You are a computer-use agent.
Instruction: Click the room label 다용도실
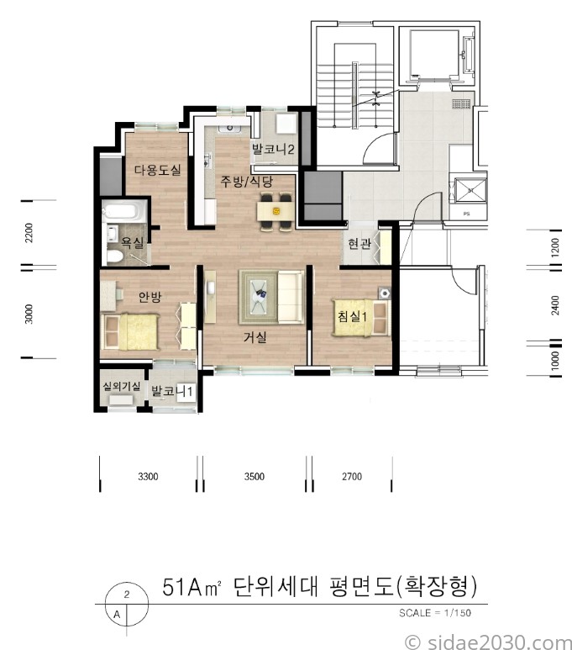tap(157, 170)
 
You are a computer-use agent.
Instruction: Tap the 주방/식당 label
tap(246, 181)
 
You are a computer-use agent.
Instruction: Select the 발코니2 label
tap(273, 149)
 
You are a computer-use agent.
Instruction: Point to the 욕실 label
tap(132, 242)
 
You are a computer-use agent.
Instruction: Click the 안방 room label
tap(150, 297)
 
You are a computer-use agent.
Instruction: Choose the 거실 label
tap(255, 337)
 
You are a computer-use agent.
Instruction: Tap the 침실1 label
tap(353, 316)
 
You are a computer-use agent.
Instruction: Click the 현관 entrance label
tap(359, 243)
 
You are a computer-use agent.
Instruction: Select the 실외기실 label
tap(122, 386)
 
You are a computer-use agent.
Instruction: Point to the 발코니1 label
tap(172, 391)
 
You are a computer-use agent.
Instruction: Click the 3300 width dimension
tap(148, 476)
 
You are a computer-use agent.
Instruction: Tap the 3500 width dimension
tap(255, 476)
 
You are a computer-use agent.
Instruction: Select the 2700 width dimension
tap(352, 476)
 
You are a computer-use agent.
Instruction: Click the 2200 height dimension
tap(29, 233)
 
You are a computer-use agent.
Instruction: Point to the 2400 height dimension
tap(555, 305)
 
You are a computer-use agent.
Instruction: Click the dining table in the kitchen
tap(275, 211)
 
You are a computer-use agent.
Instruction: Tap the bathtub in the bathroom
tap(124, 211)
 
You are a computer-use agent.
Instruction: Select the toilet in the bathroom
tap(114, 256)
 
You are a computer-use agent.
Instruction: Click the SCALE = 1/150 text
tap(435, 613)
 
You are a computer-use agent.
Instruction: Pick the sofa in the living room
tap(291, 296)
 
